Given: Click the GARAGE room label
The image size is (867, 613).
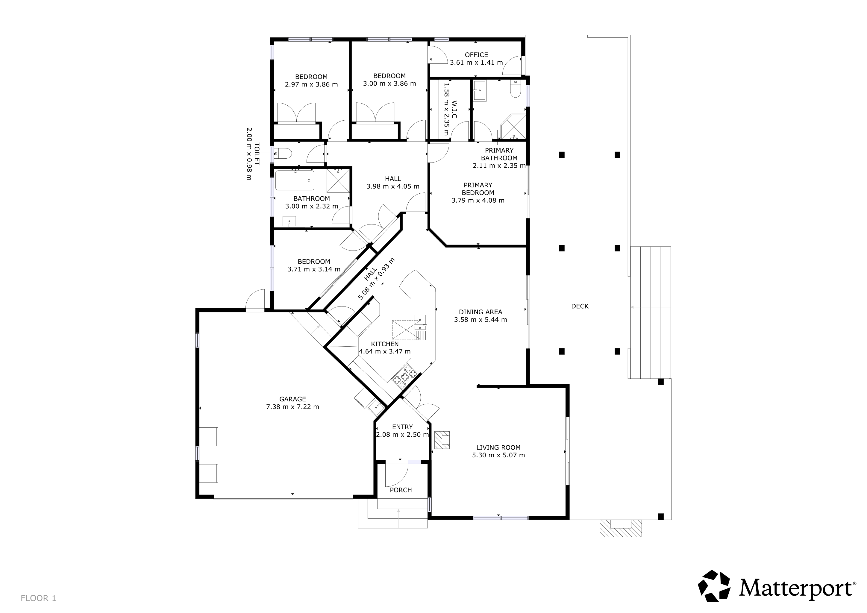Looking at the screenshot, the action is coord(293,399).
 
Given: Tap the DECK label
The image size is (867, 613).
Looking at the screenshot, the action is coord(580,306).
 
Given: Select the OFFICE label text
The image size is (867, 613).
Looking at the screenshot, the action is coord(476,55).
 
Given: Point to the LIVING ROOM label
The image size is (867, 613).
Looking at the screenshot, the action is coord(498,447).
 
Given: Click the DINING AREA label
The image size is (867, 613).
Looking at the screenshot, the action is coord(480,312).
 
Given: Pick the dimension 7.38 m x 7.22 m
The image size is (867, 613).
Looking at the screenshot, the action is coord(293,407).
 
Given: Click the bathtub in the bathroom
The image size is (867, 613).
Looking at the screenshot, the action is coord(295,181).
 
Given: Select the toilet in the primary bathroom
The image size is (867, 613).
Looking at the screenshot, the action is coord(516,88).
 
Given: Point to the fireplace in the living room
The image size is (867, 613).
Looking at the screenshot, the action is coord(442,440).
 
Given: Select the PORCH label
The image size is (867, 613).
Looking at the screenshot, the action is coord(401,490).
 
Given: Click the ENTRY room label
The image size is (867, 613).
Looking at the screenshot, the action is coord(402,427).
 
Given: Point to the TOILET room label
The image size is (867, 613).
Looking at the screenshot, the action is coord(257,154).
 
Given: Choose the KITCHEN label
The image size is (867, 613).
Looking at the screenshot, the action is coord(385,344).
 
